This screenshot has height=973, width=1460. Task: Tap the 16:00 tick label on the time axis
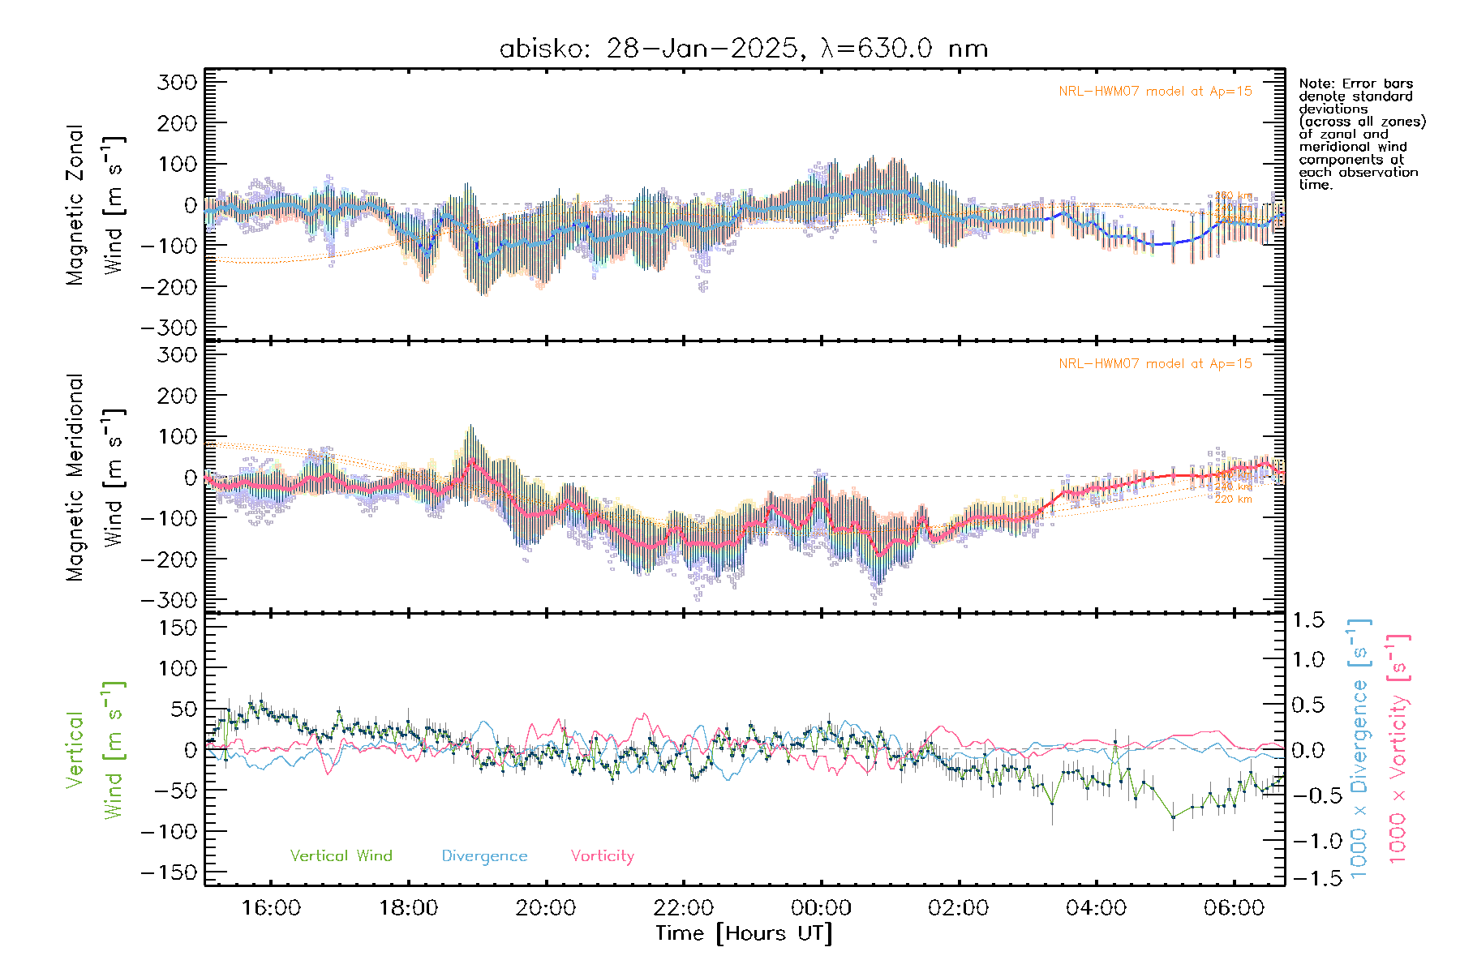coord(271,907)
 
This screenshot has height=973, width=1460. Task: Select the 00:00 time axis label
coord(821,907)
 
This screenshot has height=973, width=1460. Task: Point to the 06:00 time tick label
coord(1234,907)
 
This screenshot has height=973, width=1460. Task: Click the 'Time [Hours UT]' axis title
coord(744,933)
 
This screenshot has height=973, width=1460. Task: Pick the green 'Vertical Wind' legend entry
coord(341,855)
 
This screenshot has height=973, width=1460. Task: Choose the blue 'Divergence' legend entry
coord(484,855)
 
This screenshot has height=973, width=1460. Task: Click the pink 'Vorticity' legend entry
coord(602,855)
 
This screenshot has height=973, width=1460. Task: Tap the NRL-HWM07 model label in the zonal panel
coord(1155,91)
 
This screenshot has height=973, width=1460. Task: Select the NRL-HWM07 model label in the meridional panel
coord(1155,363)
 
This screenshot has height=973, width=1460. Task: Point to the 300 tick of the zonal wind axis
coord(178,82)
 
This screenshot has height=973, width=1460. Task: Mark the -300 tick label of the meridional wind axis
coord(170,600)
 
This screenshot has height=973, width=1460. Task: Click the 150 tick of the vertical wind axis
coord(178,628)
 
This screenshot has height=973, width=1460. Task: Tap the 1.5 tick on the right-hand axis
coord(1308,620)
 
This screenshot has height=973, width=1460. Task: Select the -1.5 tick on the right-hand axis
coord(1308,878)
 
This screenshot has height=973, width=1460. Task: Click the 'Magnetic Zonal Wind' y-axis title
coord(96,204)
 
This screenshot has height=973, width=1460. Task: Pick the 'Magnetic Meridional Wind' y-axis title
coord(96,477)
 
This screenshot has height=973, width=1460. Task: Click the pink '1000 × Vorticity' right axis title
coord(1398,748)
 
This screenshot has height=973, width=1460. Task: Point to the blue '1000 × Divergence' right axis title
coord(1359,748)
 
